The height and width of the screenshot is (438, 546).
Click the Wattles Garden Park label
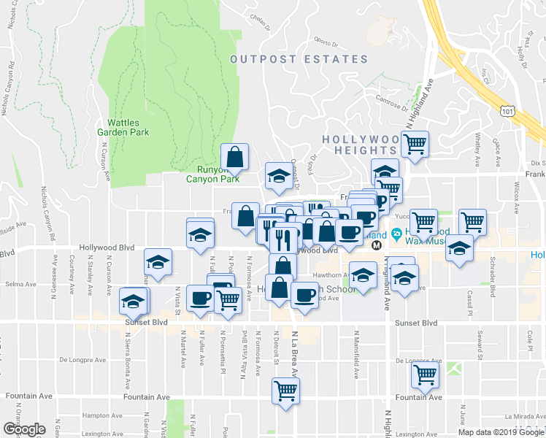click(x=123, y=127)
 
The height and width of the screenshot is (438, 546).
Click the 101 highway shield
click(x=507, y=110)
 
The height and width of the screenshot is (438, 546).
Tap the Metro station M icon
click(x=377, y=245)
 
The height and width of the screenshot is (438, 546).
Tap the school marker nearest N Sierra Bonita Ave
click(x=133, y=299)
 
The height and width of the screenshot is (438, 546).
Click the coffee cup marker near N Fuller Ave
click(x=200, y=298)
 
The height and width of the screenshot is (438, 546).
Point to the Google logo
click(x=24, y=429)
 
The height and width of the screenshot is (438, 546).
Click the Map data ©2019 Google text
click(x=501, y=432)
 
